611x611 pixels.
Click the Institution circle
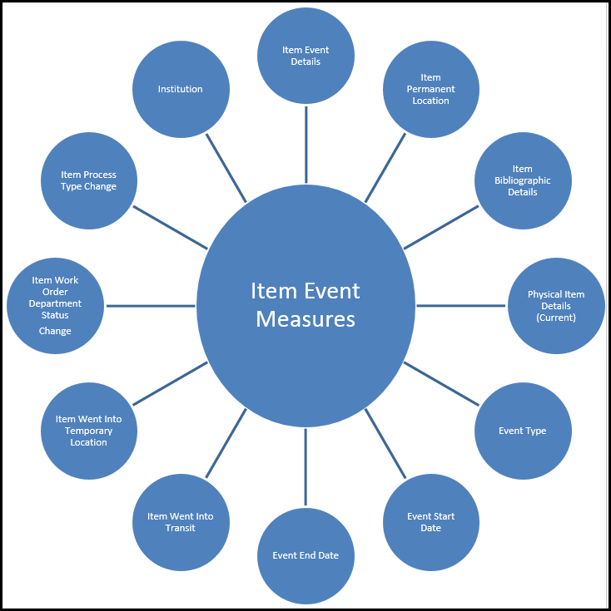click(x=181, y=89)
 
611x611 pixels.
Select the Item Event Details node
click(x=305, y=56)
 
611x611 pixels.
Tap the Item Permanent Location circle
click(x=430, y=89)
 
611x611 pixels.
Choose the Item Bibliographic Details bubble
click(x=523, y=180)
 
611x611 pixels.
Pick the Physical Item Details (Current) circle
click(x=556, y=306)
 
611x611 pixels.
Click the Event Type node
click(x=523, y=431)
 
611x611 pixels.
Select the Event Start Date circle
click(x=430, y=522)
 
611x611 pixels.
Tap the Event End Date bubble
click(x=305, y=555)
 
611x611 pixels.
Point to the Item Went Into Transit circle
click(x=181, y=522)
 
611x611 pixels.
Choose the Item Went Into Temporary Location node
click(x=88, y=431)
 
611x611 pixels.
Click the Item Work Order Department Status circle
click(x=56, y=299)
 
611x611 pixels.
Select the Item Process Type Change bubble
click(x=88, y=180)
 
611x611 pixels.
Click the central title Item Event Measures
click(x=305, y=305)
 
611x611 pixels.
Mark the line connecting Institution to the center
click(x=226, y=168)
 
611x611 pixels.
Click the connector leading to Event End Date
click(x=305, y=467)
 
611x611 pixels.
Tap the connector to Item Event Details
click(x=305, y=144)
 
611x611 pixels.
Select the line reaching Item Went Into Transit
click(x=226, y=443)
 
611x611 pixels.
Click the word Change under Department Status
click(x=55, y=331)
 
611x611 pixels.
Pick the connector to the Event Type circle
click(x=441, y=383)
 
